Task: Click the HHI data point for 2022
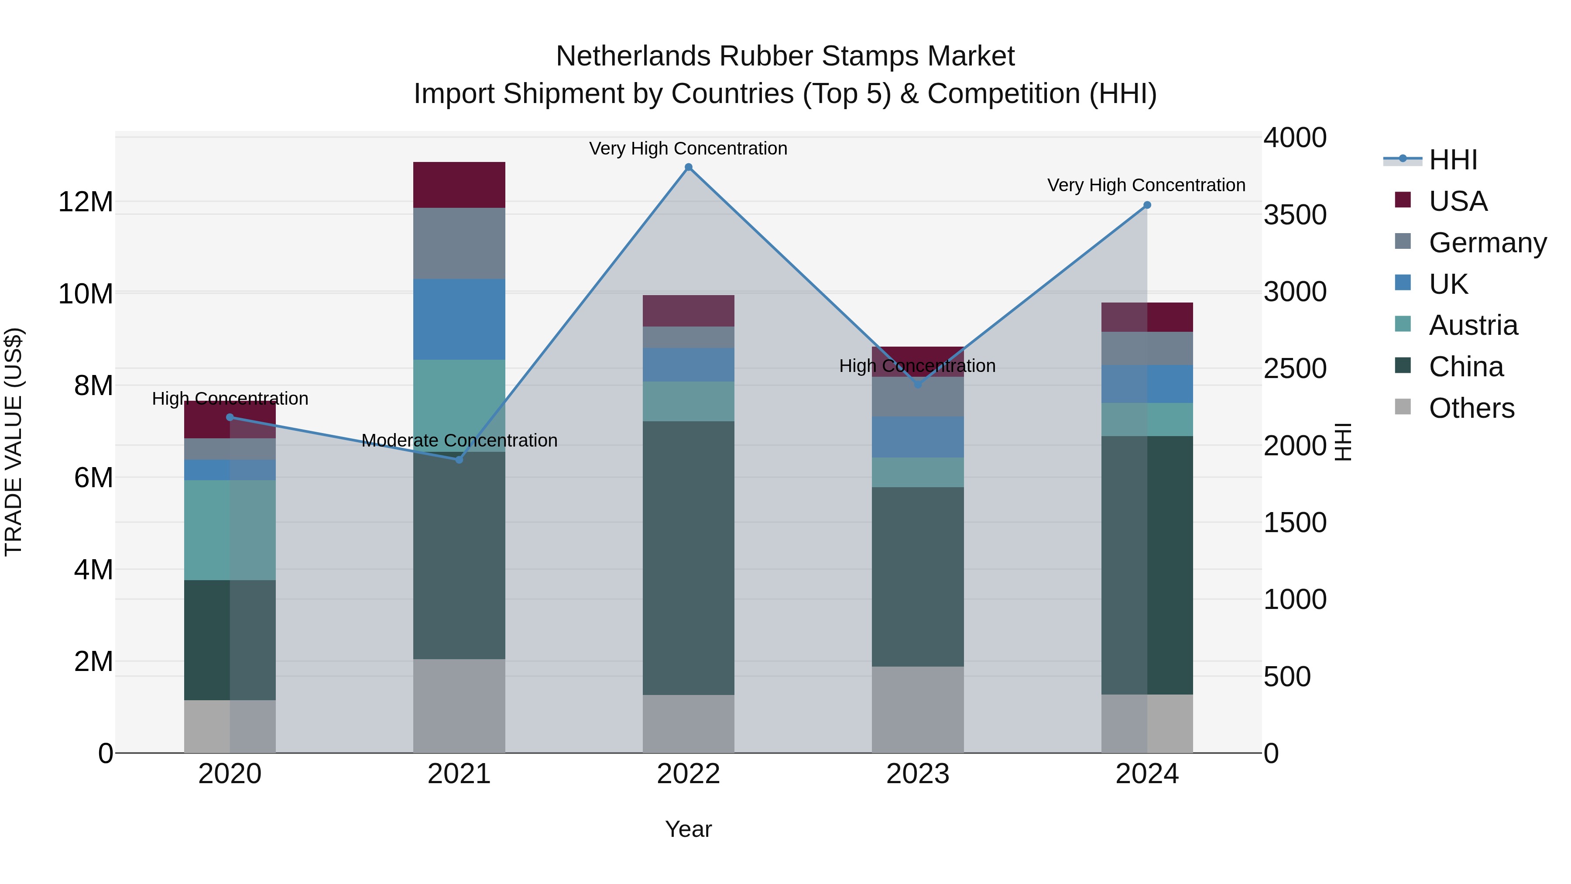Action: pos(689,167)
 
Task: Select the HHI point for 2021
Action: pos(459,459)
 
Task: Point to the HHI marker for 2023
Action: pos(918,384)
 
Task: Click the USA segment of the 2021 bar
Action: pos(459,185)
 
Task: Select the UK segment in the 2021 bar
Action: pos(459,319)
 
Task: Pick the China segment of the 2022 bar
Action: pos(689,557)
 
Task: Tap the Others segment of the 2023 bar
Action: pos(918,709)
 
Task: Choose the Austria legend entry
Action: pos(1473,325)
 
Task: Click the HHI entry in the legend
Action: pos(1453,160)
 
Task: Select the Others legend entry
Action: pos(1471,408)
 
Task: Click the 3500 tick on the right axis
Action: pos(1294,215)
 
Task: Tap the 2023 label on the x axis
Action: pos(918,774)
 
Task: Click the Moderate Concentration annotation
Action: pos(459,440)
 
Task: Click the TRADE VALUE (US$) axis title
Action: pos(14,442)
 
